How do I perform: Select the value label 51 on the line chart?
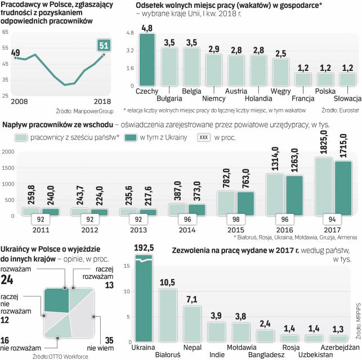[104, 46]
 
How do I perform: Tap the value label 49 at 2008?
[16, 53]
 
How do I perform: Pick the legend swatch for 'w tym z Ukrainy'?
[133, 137]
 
